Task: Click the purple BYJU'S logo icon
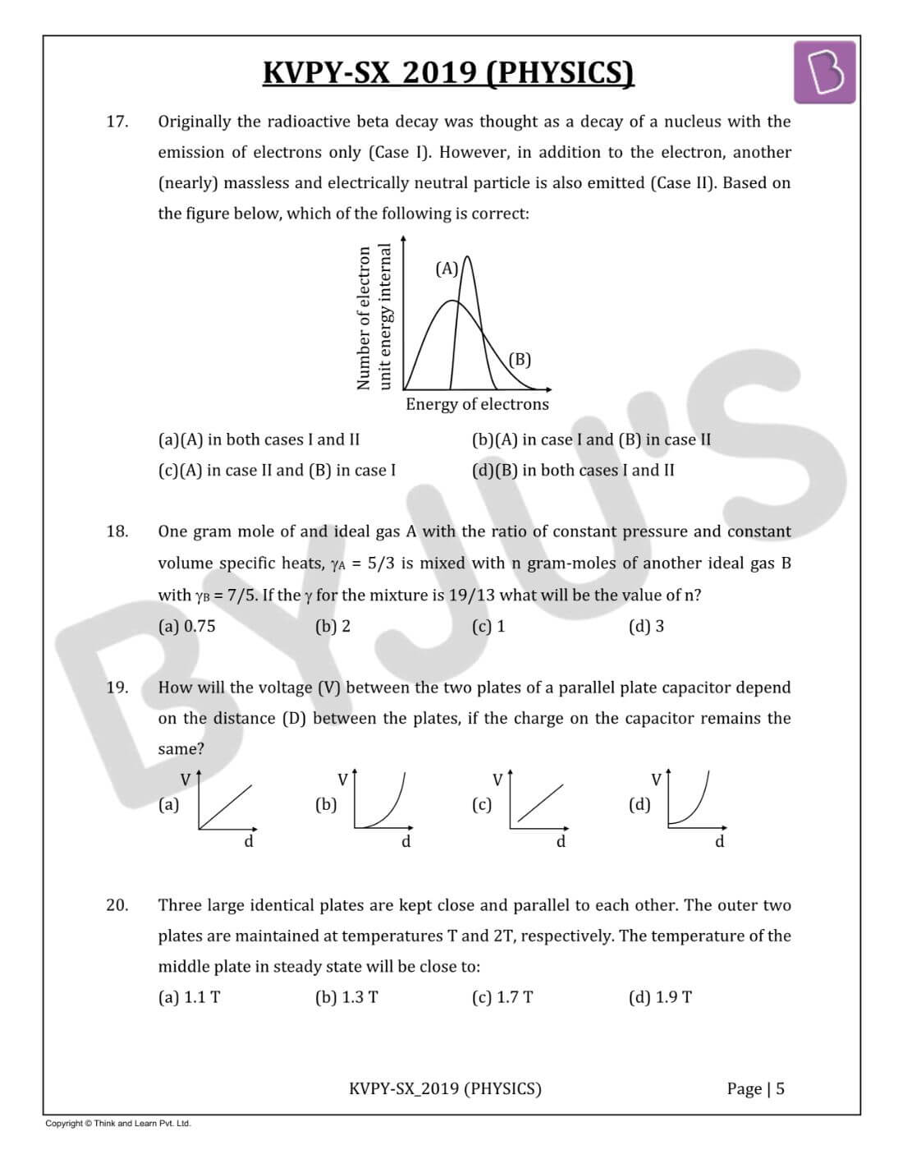click(824, 73)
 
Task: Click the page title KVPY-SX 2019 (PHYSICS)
click(448, 73)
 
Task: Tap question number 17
click(117, 122)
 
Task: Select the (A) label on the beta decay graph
click(447, 269)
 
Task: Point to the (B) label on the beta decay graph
click(520, 359)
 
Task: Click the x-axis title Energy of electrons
click(477, 404)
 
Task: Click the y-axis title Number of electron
click(364, 318)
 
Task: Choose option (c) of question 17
click(277, 470)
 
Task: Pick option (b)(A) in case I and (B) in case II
click(591, 439)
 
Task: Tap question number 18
click(117, 531)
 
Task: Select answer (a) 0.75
click(186, 626)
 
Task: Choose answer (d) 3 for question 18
click(646, 626)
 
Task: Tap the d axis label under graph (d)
click(719, 841)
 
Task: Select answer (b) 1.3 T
click(346, 997)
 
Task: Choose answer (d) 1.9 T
click(660, 997)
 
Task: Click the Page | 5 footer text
click(755, 1088)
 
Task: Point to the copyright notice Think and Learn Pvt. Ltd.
click(118, 1123)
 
